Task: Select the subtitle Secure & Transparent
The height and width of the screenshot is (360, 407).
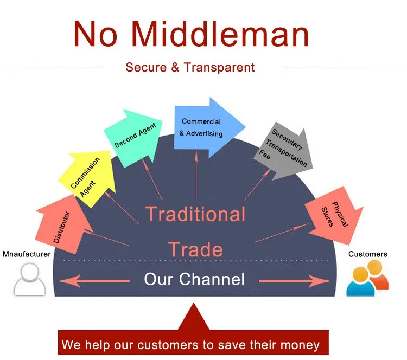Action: coord(190,67)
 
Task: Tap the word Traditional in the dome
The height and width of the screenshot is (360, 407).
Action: coord(195,214)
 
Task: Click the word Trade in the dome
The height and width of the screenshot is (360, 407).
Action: coord(195,249)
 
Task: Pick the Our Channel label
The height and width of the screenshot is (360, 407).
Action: coord(194,279)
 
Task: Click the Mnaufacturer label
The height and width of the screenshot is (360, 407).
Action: coord(27,254)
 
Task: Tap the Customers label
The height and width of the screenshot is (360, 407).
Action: coord(367,254)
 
